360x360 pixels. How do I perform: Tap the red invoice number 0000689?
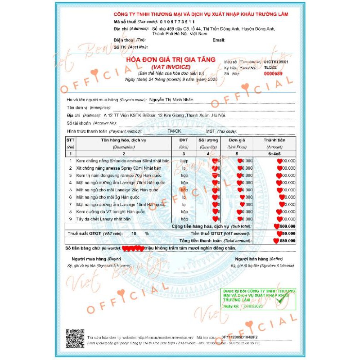[273, 73]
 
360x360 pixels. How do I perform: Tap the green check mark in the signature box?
[283, 297]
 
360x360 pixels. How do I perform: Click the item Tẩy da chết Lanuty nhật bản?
[103, 219]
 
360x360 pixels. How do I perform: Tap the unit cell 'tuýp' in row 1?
[184, 160]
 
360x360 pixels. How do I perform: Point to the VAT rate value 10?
[133, 234]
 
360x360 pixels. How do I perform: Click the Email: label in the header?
[219, 40]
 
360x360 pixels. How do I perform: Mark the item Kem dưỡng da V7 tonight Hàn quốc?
[111, 211]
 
